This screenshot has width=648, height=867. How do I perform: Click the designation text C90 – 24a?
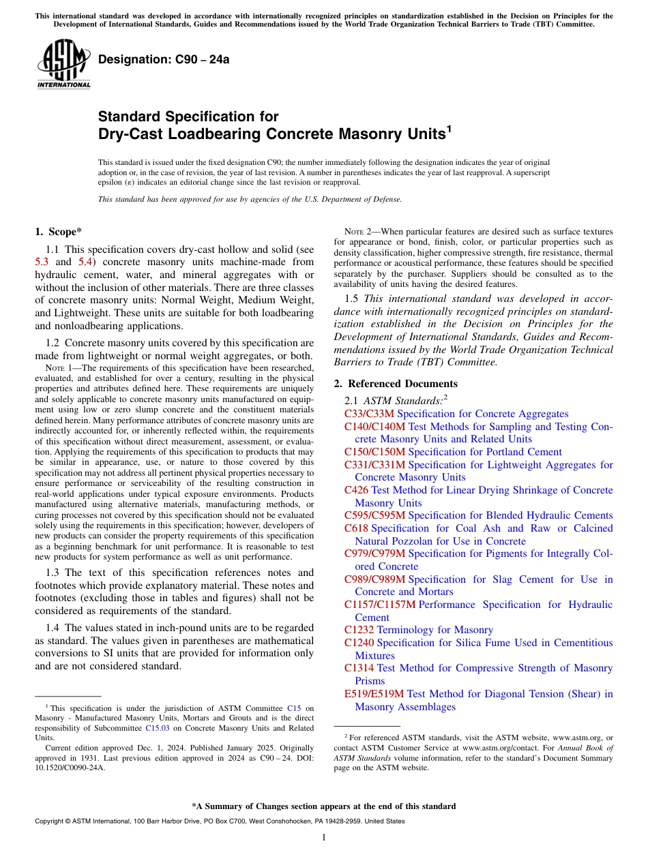click(x=164, y=59)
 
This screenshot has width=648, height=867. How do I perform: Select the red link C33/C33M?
click(x=369, y=414)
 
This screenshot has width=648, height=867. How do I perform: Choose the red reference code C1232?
click(x=359, y=630)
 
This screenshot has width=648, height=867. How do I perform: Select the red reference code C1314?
click(x=359, y=668)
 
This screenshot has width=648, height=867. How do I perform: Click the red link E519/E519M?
click(x=374, y=694)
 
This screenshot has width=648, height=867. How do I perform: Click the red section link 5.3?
click(x=42, y=262)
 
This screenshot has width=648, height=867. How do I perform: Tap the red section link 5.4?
click(x=85, y=262)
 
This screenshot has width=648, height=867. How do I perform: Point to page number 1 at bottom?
click(x=324, y=838)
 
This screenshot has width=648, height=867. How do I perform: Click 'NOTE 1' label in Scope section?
click(x=49, y=368)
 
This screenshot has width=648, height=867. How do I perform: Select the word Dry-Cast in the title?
click(x=130, y=134)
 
